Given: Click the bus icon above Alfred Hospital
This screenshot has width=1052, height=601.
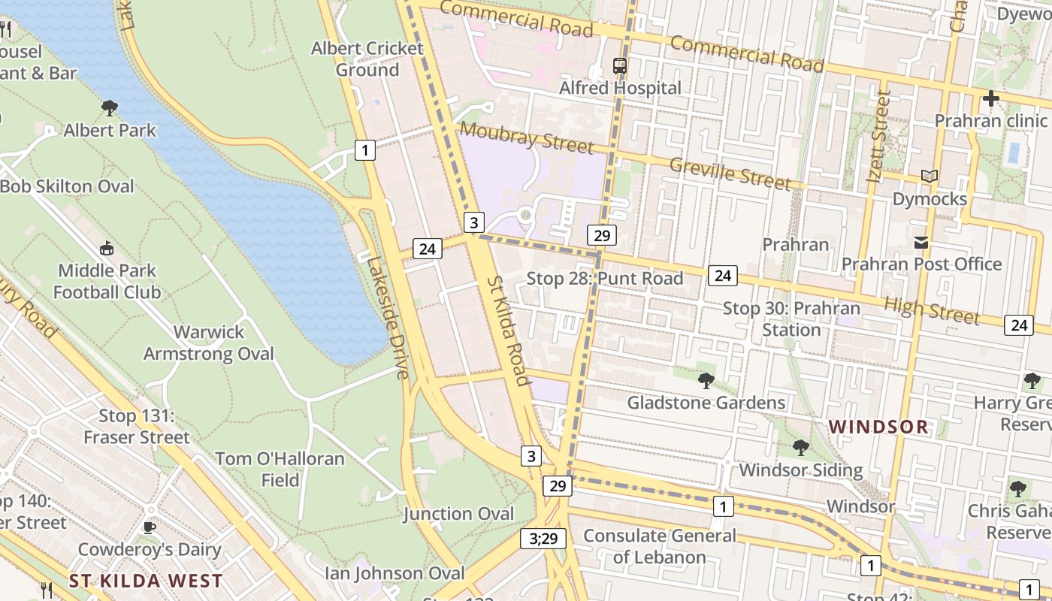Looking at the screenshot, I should [x=620, y=65].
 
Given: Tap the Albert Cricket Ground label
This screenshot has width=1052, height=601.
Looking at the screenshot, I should [x=367, y=59].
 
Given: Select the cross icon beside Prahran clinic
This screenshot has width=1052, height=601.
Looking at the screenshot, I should [x=991, y=98].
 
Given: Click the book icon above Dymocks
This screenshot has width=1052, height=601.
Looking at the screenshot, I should [x=930, y=177].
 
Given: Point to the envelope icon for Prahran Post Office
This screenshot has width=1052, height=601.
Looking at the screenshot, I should [x=921, y=243].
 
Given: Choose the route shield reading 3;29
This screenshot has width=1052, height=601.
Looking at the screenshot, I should [x=543, y=538].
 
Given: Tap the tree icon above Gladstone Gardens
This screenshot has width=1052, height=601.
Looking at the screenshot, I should [x=706, y=381].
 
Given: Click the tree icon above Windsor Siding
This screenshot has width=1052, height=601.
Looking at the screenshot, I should [x=800, y=448].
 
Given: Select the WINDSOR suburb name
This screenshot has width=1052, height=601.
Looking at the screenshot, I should [x=878, y=427].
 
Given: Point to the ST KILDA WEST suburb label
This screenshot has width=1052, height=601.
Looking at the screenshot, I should [x=146, y=581].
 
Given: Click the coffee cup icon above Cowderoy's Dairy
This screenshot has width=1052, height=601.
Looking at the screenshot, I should [x=150, y=527].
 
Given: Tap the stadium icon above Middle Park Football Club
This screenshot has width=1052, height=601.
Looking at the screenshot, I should [x=107, y=248].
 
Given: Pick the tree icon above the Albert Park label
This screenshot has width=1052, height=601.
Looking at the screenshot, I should [x=110, y=108].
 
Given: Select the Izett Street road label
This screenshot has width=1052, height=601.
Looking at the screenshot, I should [x=878, y=137].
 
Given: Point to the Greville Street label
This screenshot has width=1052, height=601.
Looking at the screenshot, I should [x=729, y=174].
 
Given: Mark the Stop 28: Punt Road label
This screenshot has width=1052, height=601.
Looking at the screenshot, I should [x=604, y=279].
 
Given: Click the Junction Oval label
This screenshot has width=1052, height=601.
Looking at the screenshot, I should [x=458, y=514].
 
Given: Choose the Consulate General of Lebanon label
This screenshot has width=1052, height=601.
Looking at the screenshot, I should [x=660, y=546].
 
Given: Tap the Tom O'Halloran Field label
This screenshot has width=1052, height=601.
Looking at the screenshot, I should [x=280, y=469].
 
